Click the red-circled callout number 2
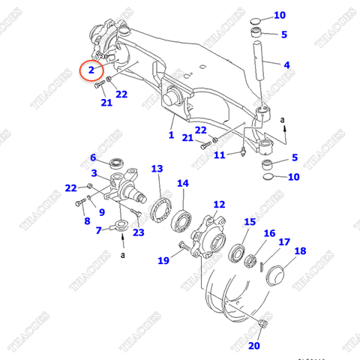click(x=91, y=70)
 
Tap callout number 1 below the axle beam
click(x=171, y=136)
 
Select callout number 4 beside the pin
click(x=286, y=64)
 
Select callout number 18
click(x=300, y=252)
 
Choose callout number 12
click(x=219, y=204)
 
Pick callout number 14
click(x=183, y=184)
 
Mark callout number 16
click(x=269, y=233)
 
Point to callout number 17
click(x=285, y=241)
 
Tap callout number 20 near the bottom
click(x=253, y=346)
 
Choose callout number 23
click(x=138, y=232)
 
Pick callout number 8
click(x=87, y=220)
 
